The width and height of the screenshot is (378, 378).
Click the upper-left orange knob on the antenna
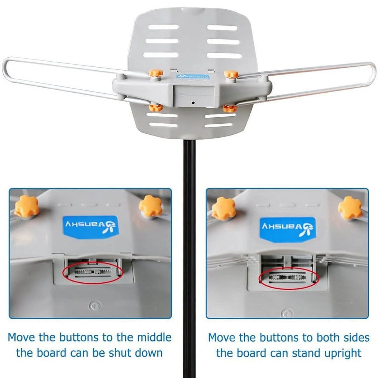click(x=155, y=73)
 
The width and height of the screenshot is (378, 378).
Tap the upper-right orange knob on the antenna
click(x=231, y=73)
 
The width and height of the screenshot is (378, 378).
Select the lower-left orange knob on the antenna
click(x=155, y=107)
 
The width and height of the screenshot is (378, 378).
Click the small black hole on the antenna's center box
click(x=193, y=103)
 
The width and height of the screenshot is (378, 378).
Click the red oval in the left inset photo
click(x=93, y=273)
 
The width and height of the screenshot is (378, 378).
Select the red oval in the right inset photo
click(x=289, y=278)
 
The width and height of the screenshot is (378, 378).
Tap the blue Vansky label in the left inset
click(x=91, y=227)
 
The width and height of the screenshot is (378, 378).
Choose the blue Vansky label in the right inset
click(x=288, y=229)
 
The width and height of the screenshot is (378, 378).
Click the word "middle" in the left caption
click(x=154, y=337)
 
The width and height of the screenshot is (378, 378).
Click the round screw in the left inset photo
click(x=94, y=306)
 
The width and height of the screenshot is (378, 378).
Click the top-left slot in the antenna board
click(x=164, y=27)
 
